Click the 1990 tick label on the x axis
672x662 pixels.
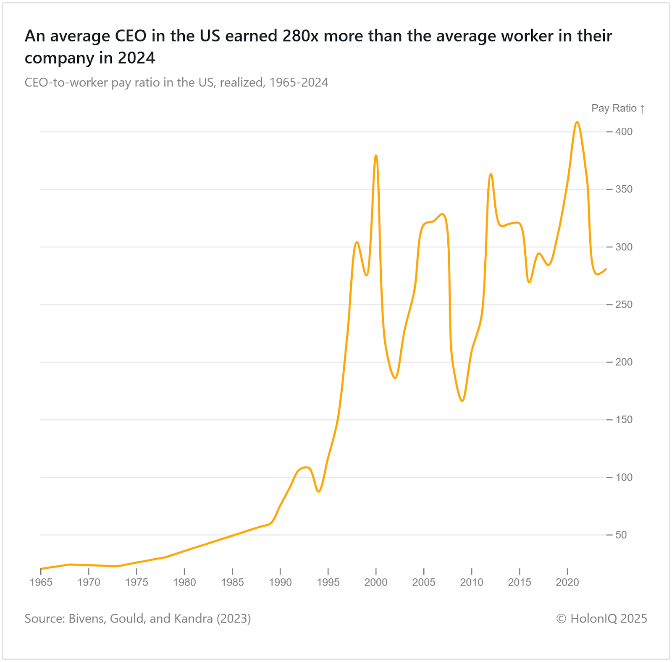[x=280, y=582]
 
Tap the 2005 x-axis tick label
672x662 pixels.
[x=424, y=582]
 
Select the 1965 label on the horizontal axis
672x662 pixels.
[x=41, y=582]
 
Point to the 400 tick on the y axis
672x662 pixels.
[x=624, y=132]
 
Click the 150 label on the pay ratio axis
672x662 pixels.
[x=624, y=420]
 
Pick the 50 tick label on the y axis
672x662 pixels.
[x=621, y=535]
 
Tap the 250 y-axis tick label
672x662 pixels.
[x=624, y=305]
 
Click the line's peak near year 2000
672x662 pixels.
[x=376, y=155]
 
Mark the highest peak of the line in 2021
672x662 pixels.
[x=577, y=122]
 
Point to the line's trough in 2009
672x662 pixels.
[x=462, y=401]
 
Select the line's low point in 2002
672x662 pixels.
[x=395, y=378]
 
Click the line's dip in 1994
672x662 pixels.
[x=319, y=491]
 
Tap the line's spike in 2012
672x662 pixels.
[x=491, y=174]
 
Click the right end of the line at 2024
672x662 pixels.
[x=606, y=269]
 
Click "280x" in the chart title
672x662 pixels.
[x=300, y=36]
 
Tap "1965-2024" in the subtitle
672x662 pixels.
[x=299, y=82]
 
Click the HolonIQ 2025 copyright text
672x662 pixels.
[x=601, y=619]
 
